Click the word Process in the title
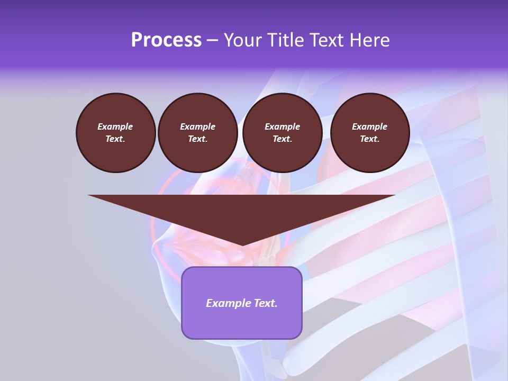166,40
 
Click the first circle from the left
115,133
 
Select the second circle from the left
197,133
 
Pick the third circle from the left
282,133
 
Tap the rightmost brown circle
369,133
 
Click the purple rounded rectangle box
242,303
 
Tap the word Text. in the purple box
266,303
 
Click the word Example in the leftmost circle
115,126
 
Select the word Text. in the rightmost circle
369,139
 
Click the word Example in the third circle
282,126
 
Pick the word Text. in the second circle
197,139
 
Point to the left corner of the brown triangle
89,196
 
